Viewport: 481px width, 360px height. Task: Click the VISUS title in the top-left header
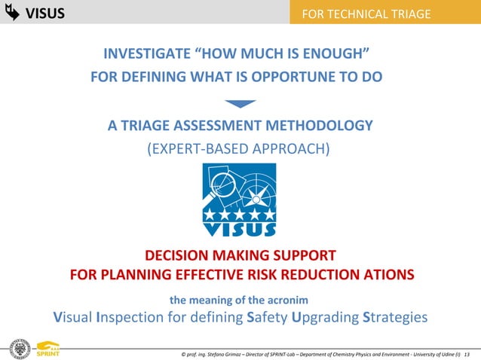pyautogui.click(x=44, y=14)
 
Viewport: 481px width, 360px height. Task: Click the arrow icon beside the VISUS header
pyautogui.click(x=12, y=13)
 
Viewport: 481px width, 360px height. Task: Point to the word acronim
pyautogui.click(x=287, y=299)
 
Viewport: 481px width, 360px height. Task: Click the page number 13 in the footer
pyautogui.click(x=467, y=354)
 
